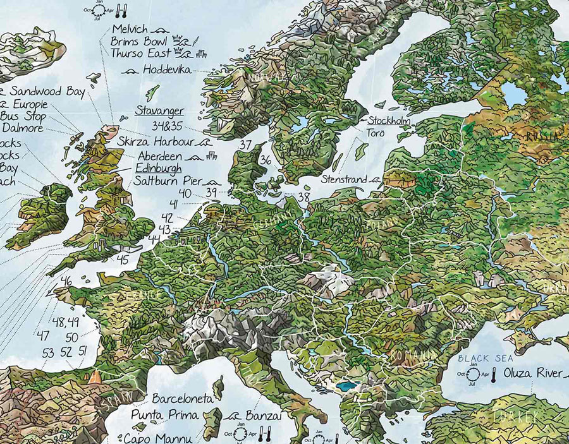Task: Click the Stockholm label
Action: pos(389,121)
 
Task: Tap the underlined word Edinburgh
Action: pos(158,169)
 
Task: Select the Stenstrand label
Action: pos(344,180)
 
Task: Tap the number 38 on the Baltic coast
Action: pos(304,196)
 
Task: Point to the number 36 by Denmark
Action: pos(266,160)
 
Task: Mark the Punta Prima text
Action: pos(164,415)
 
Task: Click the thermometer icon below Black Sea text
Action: pos(490,376)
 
